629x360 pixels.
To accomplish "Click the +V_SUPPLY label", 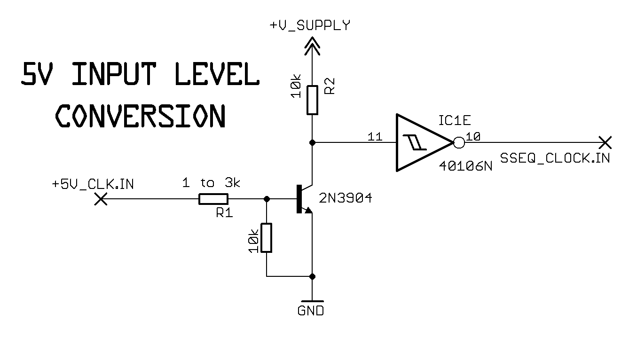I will (310, 25).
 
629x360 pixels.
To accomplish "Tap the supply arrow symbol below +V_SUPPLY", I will (312, 46).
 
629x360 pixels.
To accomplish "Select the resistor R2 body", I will (312, 100).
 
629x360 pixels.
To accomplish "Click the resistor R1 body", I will (213, 199).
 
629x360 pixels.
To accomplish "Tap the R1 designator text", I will (224, 213).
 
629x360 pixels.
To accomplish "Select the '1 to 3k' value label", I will (211, 183).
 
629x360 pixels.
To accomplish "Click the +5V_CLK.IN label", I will (93, 184).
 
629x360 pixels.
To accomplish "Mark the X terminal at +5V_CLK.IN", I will (100, 200).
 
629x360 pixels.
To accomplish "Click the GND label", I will (311, 311).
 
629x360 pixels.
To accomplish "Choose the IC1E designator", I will (455, 121).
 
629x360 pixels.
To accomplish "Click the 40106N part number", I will (465, 166).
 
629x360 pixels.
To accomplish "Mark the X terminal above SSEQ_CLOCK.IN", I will (605, 141).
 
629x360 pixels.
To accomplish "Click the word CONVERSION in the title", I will (141, 116).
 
